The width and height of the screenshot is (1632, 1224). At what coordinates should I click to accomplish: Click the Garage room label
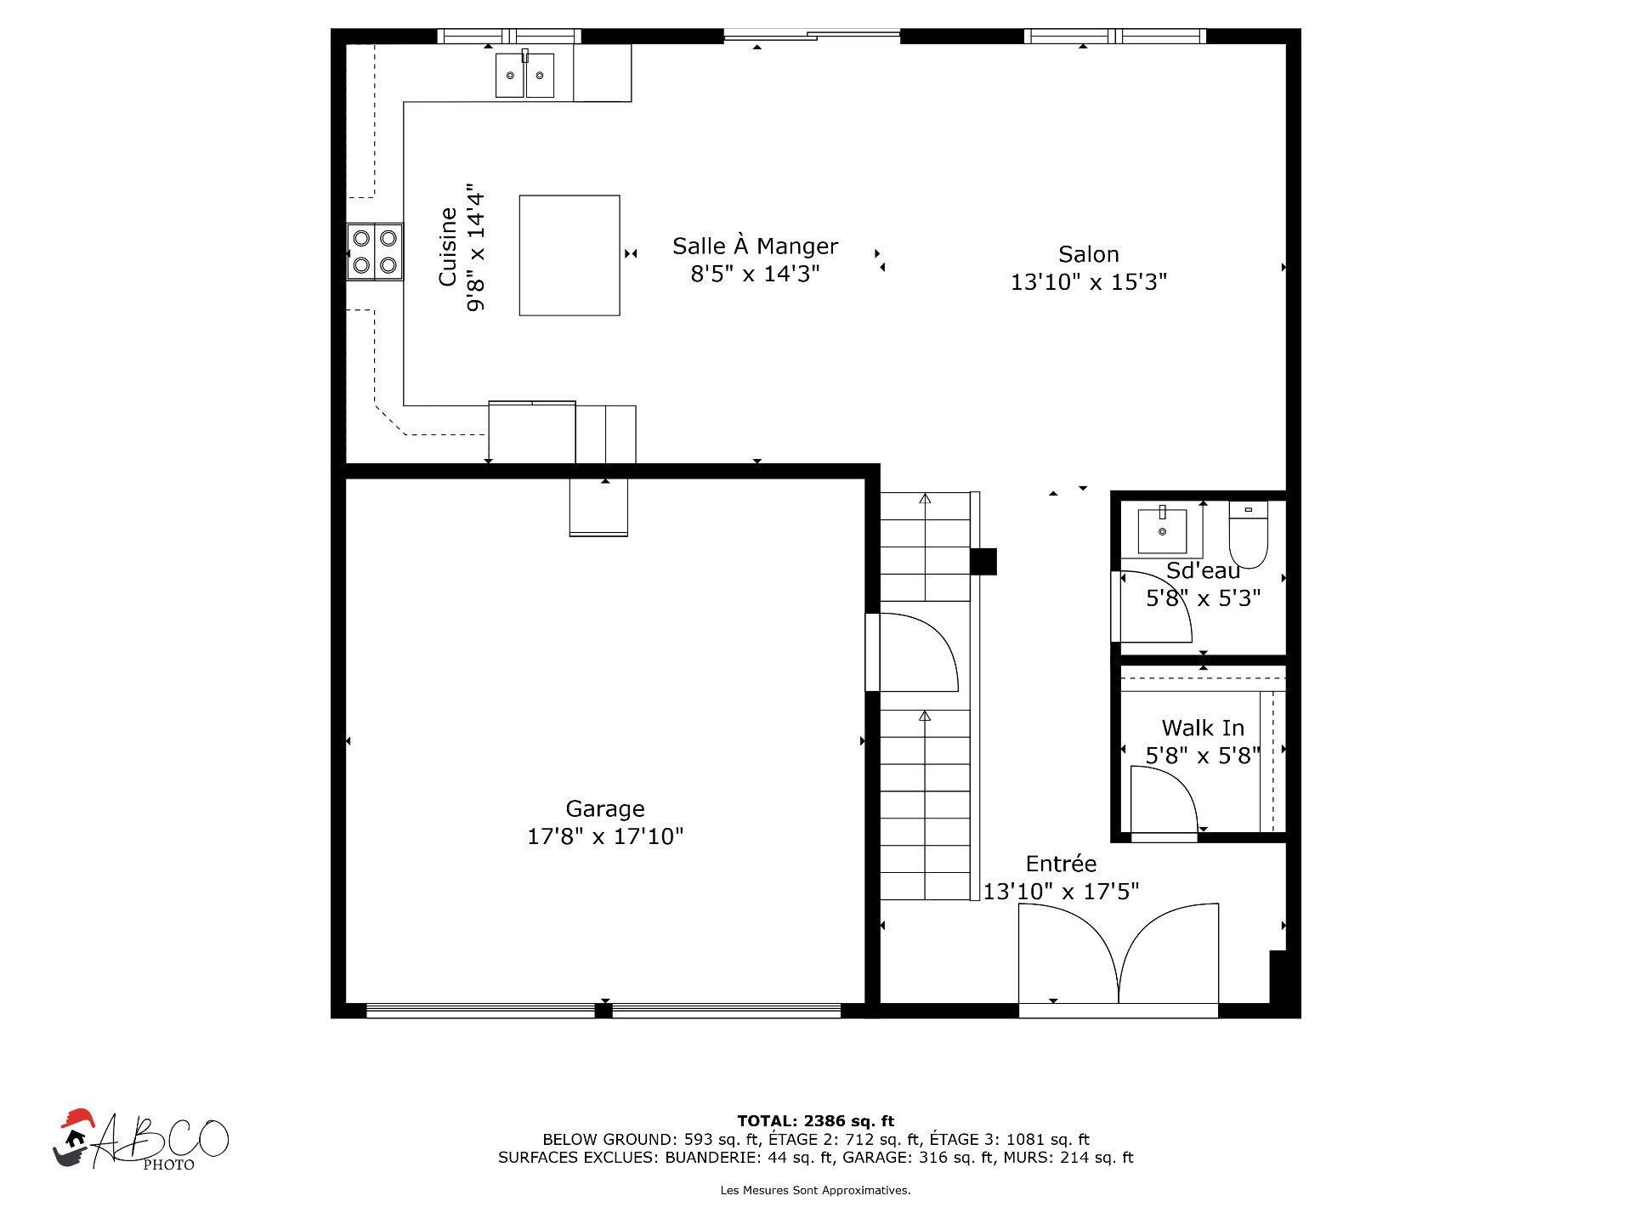click(x=605, y=808)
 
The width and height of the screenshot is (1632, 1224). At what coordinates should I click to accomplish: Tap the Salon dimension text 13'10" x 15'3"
click(x=1088, y=282)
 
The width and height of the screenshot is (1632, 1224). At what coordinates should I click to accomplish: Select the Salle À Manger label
click(x=755, y=246)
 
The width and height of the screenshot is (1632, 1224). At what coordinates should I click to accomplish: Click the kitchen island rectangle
click(x=569, y=255)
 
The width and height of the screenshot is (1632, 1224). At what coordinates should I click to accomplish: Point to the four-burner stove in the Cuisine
click(x=374, y=252)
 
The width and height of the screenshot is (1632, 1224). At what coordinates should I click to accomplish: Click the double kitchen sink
click(x=524, y=75)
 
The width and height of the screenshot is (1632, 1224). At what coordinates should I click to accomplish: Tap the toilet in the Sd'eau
click(x=1248, y=534)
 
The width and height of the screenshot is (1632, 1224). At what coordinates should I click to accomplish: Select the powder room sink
click(x=1162, y=530)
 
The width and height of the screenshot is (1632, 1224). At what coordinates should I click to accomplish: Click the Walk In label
click(x=1203, y=728)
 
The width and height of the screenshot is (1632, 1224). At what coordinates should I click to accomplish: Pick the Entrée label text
click(x=1061, y=864)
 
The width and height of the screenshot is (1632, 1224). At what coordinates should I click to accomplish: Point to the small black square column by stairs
click(x=983, y=562)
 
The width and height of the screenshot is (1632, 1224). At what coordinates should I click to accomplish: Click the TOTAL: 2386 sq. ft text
click(x=815, y=1121)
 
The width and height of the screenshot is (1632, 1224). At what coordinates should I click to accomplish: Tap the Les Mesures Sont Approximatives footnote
click(x=815, y=1191)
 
